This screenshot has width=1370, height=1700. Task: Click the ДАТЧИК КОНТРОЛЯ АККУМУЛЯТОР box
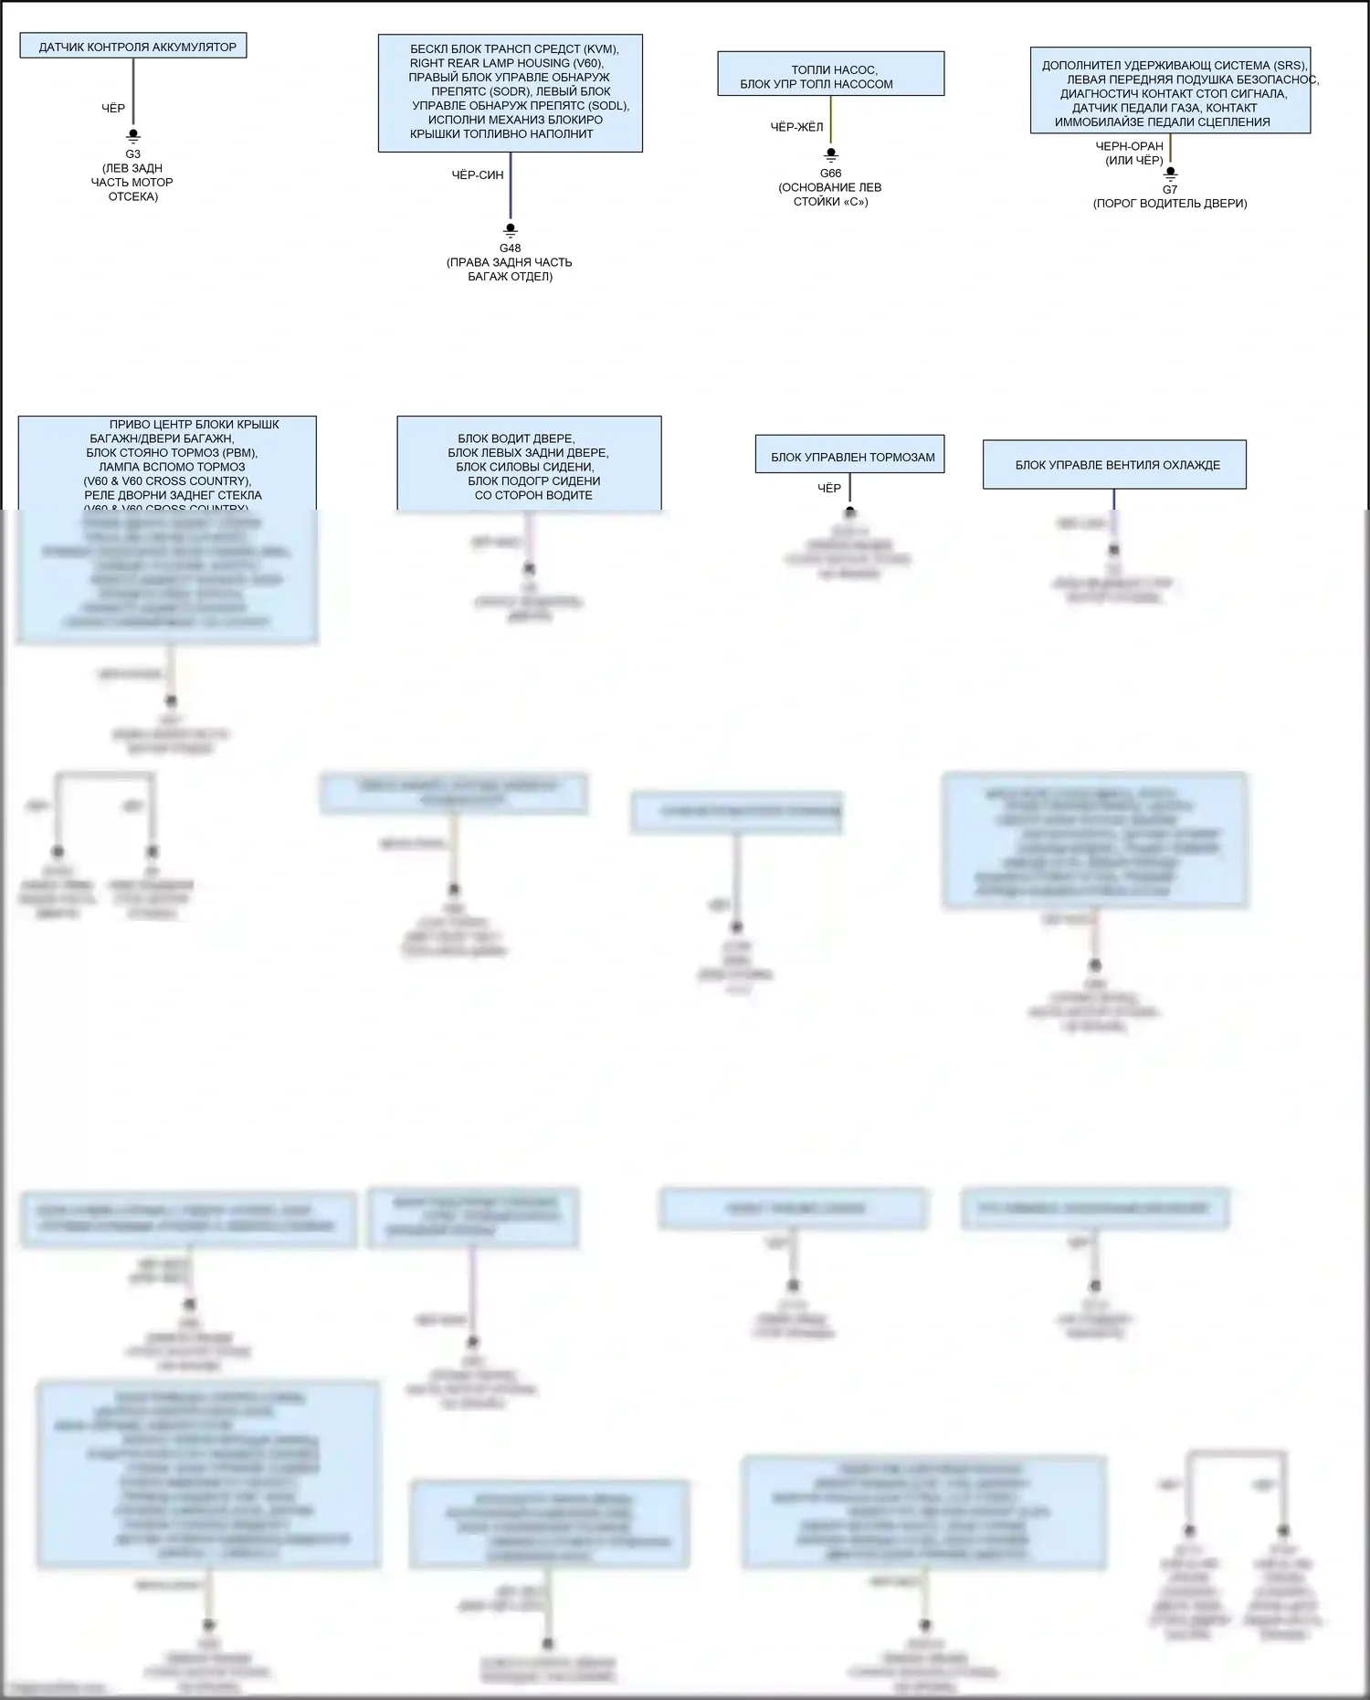click(x=133, y=47)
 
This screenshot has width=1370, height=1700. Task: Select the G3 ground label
click(x=133, y=154)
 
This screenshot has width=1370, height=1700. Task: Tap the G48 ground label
click(x=510, y=248)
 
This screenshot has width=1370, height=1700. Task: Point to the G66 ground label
click(x=830, y=174)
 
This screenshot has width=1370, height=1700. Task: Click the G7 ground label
click(x=1170, y=190)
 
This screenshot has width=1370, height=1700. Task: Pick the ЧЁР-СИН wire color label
click(x=478, y=174)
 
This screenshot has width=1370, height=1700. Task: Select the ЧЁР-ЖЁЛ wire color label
click(x=796, y=127)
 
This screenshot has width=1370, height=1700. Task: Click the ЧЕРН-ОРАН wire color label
click(x=1130, y=146)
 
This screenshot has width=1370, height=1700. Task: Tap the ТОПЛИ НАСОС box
click(x=830, y=74)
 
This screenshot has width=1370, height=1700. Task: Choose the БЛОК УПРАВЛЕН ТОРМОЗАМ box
click(x=850, y=455)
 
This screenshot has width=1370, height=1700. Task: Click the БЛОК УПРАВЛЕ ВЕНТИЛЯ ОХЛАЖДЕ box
click(x=1114, y=465)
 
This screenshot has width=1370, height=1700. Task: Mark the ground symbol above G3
click(x=133, y=136)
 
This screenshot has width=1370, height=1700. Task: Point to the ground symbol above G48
click(x=511, y=230)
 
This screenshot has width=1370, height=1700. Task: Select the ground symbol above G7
click(x=1171, y=173)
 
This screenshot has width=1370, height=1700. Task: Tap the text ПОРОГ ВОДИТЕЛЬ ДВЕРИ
click(x=1170, y=204)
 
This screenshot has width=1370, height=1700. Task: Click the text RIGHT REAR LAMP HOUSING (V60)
click(x=506, y=63)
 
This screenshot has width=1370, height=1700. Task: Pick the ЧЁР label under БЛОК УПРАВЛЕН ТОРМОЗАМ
click(x=829, y=489)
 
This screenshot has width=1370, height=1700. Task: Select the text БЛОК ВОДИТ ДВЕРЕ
click(x=517, y=438)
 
